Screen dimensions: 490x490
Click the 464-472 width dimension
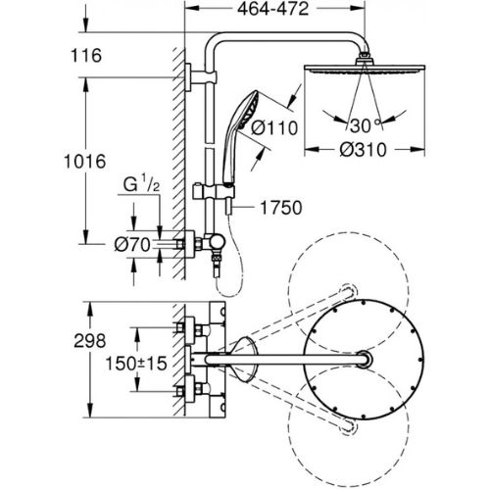(272, 10)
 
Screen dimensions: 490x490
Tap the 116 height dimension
(86, 56)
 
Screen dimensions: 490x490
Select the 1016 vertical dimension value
(85, 162)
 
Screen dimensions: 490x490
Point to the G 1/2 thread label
(141, 184)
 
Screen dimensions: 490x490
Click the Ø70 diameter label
(132, 245)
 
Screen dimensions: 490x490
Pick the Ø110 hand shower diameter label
(274, 127)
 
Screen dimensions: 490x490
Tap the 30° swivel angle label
(365, 125)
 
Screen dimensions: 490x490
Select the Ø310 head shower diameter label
(363, 150)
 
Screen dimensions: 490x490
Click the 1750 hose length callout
(281, 208)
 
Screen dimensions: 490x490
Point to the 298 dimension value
(90, 341)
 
